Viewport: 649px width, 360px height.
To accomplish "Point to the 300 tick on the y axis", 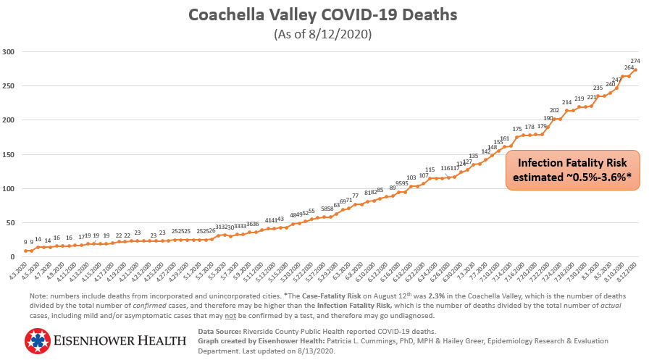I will [x=9, y=52].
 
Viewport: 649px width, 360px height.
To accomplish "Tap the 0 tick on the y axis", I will [x=12, y=257].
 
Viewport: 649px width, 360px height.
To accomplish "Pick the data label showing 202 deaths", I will [x=555, y=110].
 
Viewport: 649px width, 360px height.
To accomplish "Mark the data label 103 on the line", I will [x=411, y=177].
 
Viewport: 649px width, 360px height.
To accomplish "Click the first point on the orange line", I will [x=26, y=251].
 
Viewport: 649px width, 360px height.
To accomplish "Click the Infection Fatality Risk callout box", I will [x=572, y=170].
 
